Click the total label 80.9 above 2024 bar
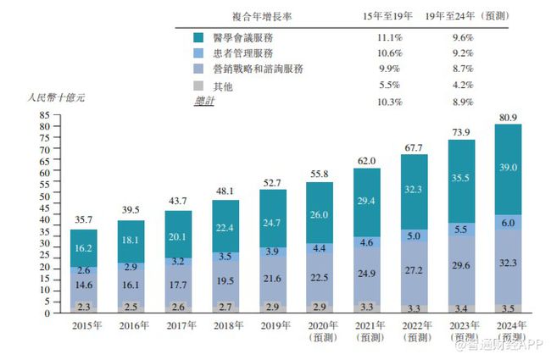point(508,117)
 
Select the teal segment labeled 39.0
point(508,169)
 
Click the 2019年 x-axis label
point(275,324)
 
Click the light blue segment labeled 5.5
point(461,229)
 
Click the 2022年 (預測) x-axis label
point(415,330)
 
